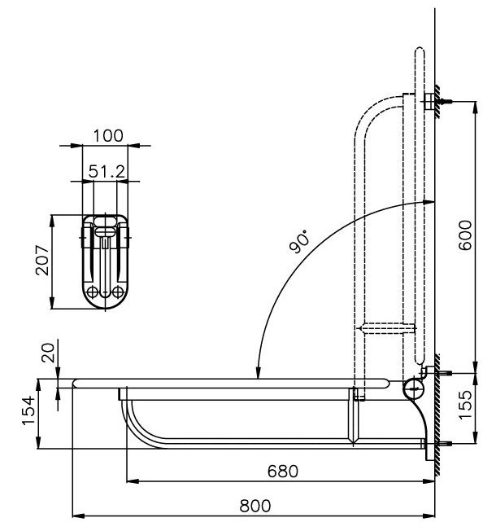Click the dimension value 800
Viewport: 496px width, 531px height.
pos(255,505)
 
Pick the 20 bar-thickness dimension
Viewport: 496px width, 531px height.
pos(48,353)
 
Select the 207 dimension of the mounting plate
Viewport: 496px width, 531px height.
pos(46,262)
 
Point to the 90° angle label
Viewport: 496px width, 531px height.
pos(301,242)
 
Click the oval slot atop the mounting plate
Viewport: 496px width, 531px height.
pos(105,221)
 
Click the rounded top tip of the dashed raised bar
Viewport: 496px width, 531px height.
pos(419,54)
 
